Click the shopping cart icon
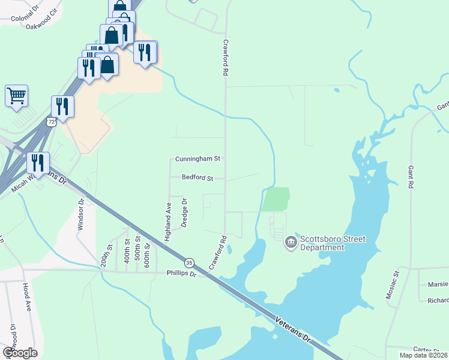[16, 96]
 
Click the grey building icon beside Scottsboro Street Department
[291, 242]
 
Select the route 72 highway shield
[52, 122]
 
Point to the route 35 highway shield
[189, 263]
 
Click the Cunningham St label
[198, 159]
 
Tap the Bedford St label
[198, 178]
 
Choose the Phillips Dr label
[181, 274]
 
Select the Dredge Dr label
[184, 213]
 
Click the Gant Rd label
[411, 178]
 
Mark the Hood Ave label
[27, 297]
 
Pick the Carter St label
[427, 349]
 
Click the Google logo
[20, 352]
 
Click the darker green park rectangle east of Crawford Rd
[276, 199]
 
